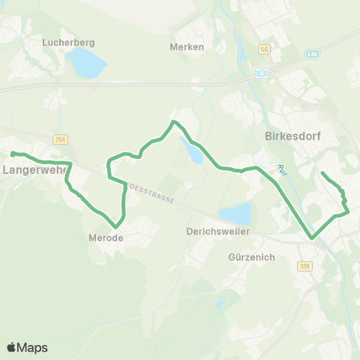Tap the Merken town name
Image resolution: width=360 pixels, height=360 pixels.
pos(187,46)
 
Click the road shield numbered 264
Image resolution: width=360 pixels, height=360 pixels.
pos(61,139)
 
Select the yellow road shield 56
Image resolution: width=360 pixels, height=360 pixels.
pos(263,49)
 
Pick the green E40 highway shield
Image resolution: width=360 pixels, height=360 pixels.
pos(312,55)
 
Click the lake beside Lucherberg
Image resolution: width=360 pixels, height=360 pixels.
pos(88,65)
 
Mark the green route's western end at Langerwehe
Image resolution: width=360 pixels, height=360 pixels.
pos(13,154)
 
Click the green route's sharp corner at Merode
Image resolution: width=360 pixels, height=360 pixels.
pos(116,226)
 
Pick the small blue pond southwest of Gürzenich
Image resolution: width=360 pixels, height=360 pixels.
pos(219,303)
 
